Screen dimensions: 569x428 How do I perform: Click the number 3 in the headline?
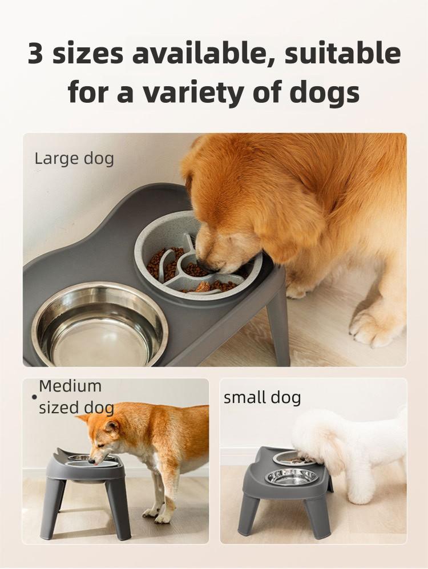click(38, 53)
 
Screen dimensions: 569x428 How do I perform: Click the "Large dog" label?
click(74, 158)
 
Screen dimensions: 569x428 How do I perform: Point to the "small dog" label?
click(262, 397)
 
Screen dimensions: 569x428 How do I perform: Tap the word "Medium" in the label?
click(70, 386)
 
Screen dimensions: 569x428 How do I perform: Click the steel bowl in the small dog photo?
click(291, 477)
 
